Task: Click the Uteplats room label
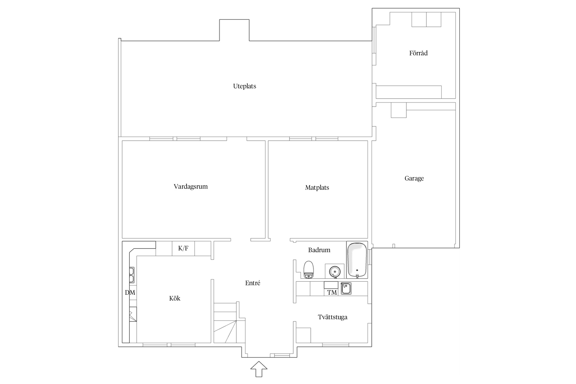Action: pos(244,86)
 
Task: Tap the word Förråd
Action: pos(418,53)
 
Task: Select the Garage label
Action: pos(414,178)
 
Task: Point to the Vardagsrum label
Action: pos(191,187)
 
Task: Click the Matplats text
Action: pos(317,188)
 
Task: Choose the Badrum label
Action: pos(319,250)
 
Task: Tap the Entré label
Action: pos(253,283)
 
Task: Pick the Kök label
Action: pos(175,298)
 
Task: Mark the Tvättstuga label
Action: pos(333,317)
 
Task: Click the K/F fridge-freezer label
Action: pos(183,248)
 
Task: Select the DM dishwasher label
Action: pos(130,292)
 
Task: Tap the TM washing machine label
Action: pos(332,292)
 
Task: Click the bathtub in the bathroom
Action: pos(357,260)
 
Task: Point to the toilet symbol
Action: pos(308,270)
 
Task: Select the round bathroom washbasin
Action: pos(334,271)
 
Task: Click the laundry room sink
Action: pos(346,289)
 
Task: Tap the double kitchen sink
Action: pos(132,275)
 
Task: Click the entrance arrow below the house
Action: pos(259,369)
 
